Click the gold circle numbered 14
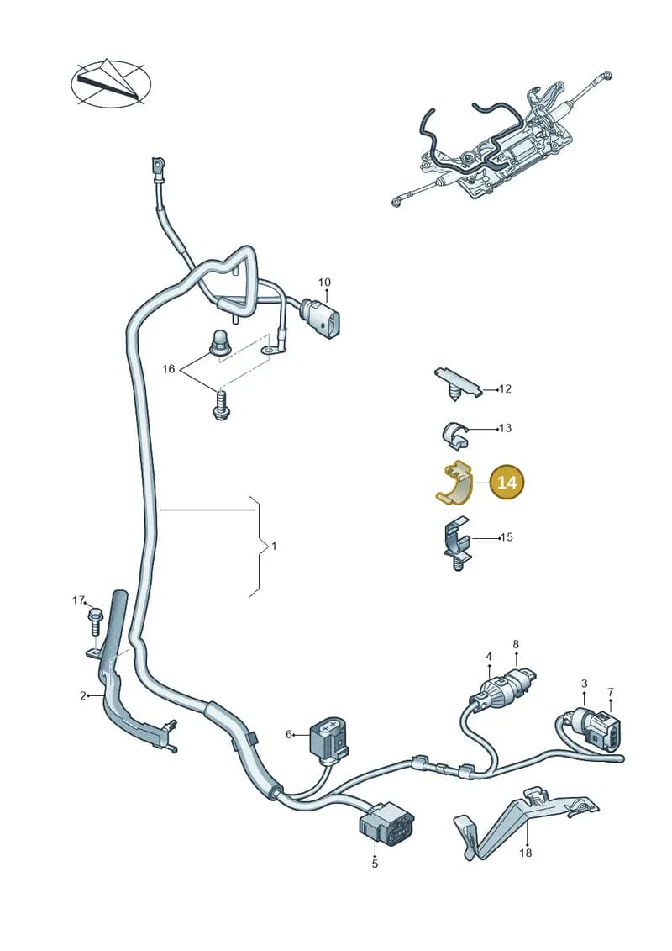click(507, 482)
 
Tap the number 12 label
click(506, 388)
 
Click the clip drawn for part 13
click(454, 434)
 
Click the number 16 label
click(169, 369)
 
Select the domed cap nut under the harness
click(219, 343)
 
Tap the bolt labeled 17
click(96, 621)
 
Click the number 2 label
click(83, 695)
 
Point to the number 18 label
click(525, 853)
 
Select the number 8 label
click(516, 644)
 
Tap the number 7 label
click(611, 691)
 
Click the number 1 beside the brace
click(273, 546)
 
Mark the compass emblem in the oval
click(111, 83)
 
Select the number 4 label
click(488, 656)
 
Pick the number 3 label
click(584, 684)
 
